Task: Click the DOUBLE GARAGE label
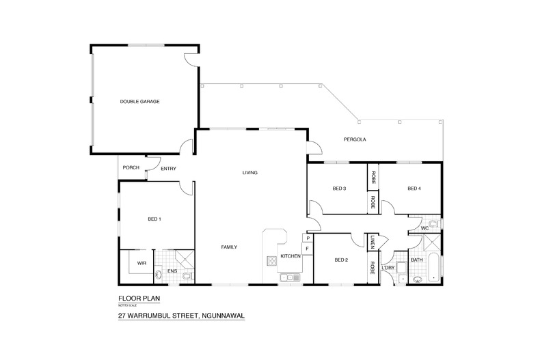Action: pyautogui.click(x=139, y=102)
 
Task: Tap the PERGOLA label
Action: pyautogui.click(x=355, y=139)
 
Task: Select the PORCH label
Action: pyautogui.click(x=131, y=168)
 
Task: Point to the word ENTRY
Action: pyautogui.click(x=168, y=168)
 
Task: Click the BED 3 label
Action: pyautogui.click(x=340, y=189)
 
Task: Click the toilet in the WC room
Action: pyautogui.click(x=434, y=223)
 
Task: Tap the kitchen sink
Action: pyautogui.click(x=289, y=277)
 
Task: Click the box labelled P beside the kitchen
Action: pyautogui.click(x=308, y=238)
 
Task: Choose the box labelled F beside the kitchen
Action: pyautogui.click(x=308, y=249)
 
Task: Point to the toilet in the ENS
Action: pyautogui.click(x=187, y=276)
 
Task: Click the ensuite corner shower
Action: pyautogui.click(x=185, y=258)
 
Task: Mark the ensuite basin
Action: pyautogui.click(x=159, y=275)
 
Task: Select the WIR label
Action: pyautogui.click(x=141, y=262)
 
